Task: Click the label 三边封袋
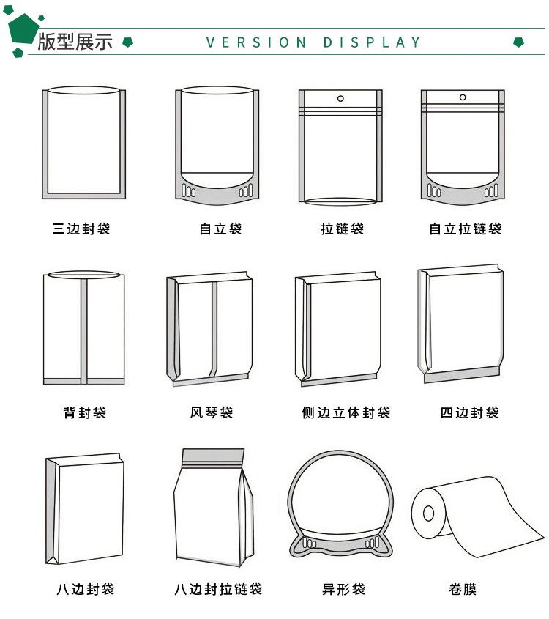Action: [81, 229]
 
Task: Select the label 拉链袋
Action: [342, 229]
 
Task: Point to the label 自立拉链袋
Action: [465, 229]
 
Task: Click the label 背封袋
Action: [85, 412]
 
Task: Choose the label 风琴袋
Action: [212, 412]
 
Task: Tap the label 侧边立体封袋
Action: [346, 412]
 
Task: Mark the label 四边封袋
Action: [469, 412]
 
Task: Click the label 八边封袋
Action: [85, 589]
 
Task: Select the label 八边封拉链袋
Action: [218, 589]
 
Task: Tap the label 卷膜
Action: [463, 589]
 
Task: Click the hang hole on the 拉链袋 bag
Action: [340, 98]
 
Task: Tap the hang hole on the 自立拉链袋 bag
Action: [462, 97]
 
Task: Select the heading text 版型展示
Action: [75, 42]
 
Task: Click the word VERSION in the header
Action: [256, 42]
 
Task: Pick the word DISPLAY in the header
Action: [372, 42]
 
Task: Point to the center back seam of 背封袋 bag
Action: [84, 330]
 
